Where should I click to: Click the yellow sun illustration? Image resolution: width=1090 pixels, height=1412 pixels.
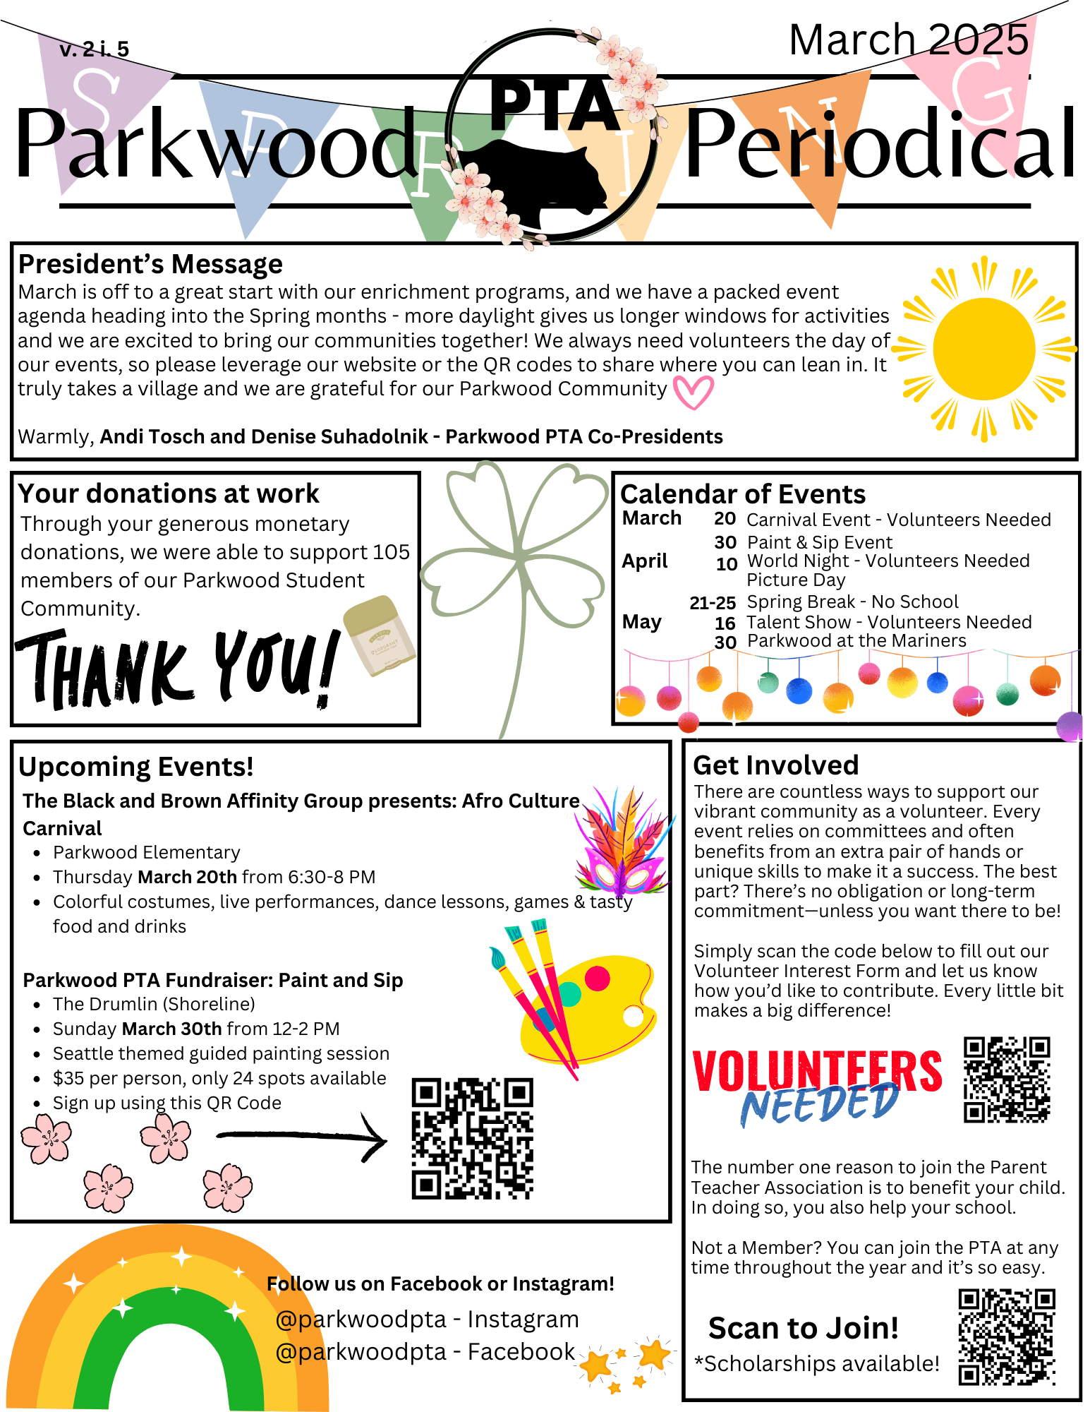pyautogui.click(x=984, y=349)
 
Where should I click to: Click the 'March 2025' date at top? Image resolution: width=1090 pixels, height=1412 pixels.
pyautogui.click(x=908, y=40)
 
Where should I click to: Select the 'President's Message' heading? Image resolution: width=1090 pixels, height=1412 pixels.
pyautogui.click(x=150, y=264)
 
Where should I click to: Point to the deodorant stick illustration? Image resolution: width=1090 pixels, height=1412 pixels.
pyautogui.click(x=379, y=635)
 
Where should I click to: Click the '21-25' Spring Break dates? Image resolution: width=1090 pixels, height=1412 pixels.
pyautogui.click(x=712, y=603)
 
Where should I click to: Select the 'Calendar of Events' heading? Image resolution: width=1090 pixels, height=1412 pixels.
pyautogui.click(x=742, y=494)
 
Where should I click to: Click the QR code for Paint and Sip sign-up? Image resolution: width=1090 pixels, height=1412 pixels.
pyautogui.click(x=472, y=1138)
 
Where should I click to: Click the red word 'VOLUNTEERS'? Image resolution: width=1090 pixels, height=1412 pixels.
pyautogui.click(x=816, y=1070)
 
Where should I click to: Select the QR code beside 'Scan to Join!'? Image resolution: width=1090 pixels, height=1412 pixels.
pyautogui.click(x=1006, y=1336)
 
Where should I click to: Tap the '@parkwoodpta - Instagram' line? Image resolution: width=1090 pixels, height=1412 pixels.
pyautogui.click(x=427, y=1319)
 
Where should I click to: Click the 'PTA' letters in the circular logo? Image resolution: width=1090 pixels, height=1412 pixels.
pyautogui.click(x=554, y=104)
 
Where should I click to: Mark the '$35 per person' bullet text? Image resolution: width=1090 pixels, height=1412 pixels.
pyautogui.click(x=219, y=1078)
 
